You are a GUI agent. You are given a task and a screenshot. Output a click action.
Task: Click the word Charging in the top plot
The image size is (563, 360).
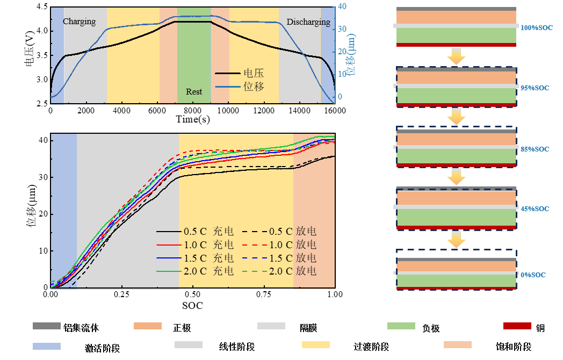pos(79,21)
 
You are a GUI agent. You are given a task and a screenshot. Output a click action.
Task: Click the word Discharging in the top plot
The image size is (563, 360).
pos(308,22)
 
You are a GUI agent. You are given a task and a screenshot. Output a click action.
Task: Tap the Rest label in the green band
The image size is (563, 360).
pos(194,92)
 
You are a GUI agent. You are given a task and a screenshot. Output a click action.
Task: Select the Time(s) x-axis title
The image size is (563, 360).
pos(193,119)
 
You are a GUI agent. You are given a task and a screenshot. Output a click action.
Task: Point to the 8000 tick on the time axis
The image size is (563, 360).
pos(193,110)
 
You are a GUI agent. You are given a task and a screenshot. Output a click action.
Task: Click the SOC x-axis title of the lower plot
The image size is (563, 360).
pos(193,306)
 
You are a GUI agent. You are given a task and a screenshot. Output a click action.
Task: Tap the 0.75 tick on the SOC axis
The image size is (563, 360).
pos(264,294)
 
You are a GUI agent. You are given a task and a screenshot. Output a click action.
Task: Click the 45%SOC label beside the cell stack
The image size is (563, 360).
pos(535,208)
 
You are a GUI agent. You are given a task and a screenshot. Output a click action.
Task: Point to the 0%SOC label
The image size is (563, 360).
pos(532,275)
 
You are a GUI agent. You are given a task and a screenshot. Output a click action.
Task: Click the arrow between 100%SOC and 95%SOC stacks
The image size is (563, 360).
pos(456,56)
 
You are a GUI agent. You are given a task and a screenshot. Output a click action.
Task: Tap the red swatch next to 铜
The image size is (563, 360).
pos(517,326)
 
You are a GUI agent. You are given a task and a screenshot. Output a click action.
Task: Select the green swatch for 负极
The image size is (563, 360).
pos(401,326)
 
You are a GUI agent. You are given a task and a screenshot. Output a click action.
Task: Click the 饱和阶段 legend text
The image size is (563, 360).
pos(514,347)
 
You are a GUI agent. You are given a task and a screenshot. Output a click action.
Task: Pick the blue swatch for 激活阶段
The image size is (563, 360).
pos(47,346)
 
